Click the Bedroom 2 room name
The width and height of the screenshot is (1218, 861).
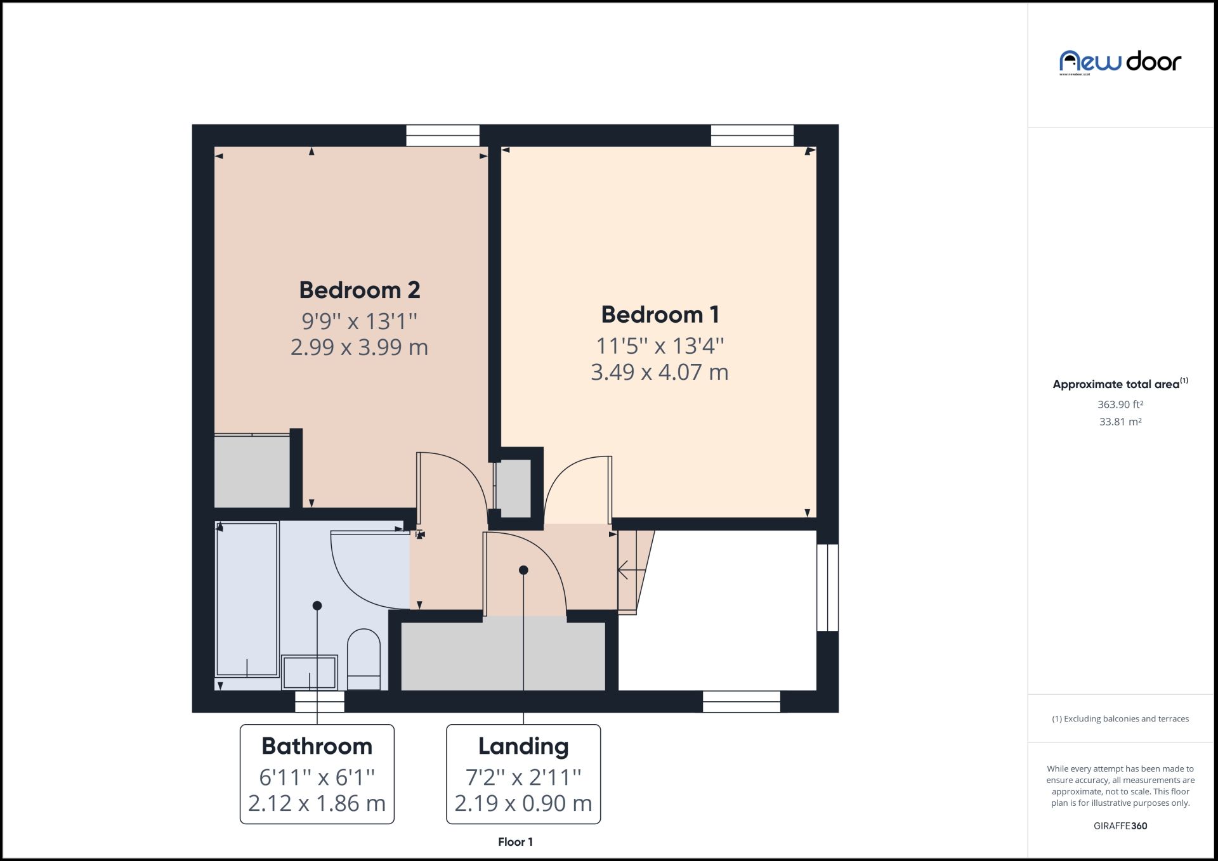click(359, 290)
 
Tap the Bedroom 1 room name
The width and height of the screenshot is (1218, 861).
click(660, 314)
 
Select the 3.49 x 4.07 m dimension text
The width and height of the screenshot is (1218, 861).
click(659, 372)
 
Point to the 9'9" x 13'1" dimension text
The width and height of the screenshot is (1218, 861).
click(359, 321)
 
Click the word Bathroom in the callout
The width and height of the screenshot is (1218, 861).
click(317, 746)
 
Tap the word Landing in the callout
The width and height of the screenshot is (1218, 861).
click(523, 746)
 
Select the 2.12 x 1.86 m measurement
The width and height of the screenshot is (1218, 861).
click(317, 803)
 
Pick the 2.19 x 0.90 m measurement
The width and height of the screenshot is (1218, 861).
click(523, 803)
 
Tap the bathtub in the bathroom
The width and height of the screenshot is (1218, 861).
click(247, 599)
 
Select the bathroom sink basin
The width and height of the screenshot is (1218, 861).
click(309, 672)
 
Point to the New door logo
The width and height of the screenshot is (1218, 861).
click(1120, 62)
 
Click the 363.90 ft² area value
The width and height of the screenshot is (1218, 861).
click(1120, 405)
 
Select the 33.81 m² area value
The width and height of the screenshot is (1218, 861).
click(1120, 422)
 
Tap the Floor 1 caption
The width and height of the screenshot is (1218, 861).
click(515, 842)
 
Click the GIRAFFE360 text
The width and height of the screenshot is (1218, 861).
click(1120, 826)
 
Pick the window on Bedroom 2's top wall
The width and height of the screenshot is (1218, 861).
click(442, 135)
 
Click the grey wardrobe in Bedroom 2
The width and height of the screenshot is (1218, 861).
click(252, 471)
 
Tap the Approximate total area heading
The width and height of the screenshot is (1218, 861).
click(1116, 384)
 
